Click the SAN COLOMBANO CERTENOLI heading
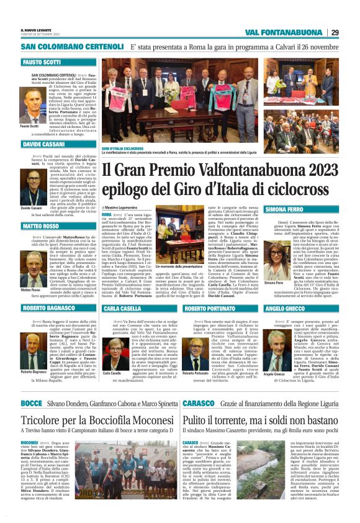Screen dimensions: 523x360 73,47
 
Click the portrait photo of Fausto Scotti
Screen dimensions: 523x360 32,106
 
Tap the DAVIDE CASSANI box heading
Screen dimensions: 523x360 44,143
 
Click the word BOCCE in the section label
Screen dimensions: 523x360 31,403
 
